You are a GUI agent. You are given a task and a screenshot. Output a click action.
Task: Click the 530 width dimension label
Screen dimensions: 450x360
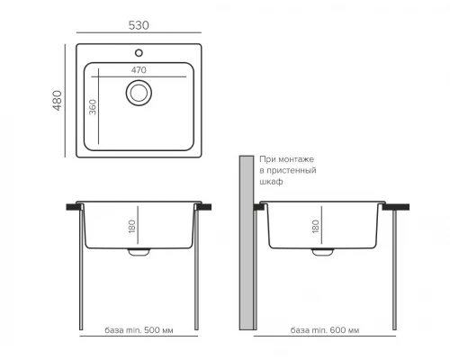(139, 25)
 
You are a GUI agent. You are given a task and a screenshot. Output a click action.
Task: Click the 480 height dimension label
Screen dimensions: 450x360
(58, 101)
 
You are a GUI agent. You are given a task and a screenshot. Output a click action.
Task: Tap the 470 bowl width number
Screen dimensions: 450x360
(139, 70)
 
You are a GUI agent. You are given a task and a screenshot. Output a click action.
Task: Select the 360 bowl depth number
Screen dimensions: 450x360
(93, 107)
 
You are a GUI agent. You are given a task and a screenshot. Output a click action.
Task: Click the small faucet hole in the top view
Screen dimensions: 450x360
(139, 53)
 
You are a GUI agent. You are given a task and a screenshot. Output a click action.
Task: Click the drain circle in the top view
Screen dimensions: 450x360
(139, 93)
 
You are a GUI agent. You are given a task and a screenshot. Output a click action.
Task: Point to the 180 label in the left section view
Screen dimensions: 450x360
(132, 226)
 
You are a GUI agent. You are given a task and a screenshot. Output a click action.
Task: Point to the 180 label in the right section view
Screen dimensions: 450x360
(316, 226)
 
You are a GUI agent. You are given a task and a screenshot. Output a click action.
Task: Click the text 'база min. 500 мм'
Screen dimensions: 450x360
(139, 330)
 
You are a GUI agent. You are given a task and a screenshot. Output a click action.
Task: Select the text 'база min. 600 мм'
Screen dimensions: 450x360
(325, 330)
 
